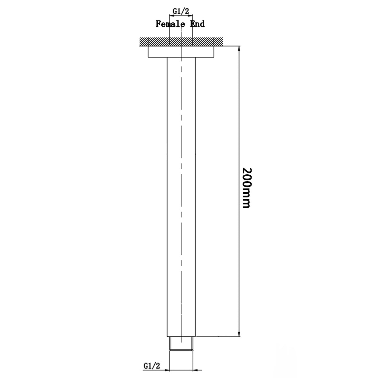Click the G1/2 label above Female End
181,11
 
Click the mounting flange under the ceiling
181,52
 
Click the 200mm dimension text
247,188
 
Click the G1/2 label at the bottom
152,366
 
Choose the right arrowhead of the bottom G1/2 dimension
195,370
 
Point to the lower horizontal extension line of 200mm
218,336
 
